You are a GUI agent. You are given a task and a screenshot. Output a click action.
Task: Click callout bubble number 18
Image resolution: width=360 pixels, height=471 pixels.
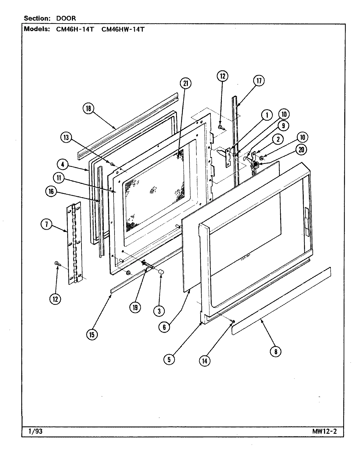(x=88, y=109)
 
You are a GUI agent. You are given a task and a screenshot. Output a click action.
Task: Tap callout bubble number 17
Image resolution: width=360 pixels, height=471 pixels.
(x=259, y=81)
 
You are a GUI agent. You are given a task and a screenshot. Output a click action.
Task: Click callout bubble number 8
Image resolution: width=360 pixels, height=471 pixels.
(x=276, y=351)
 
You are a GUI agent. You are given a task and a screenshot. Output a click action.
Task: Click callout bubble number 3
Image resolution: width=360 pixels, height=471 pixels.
(x=159, y=311)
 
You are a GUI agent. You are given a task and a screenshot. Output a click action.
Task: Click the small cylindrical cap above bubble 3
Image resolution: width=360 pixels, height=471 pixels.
(x=161, y=272)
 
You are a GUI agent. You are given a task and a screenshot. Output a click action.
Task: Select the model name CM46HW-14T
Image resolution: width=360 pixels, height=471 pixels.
(x=123, y=29)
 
